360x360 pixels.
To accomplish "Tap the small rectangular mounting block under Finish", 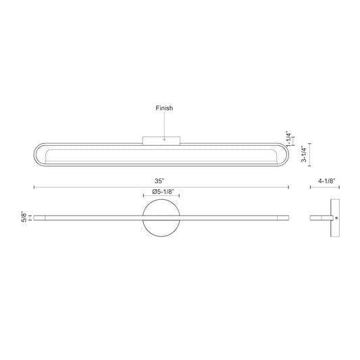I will coord(161,140).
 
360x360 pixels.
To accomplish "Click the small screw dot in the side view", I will coord(338,217).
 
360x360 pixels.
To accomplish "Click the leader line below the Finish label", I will coord(165,125).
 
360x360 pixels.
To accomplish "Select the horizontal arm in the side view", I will coord(320,217).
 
